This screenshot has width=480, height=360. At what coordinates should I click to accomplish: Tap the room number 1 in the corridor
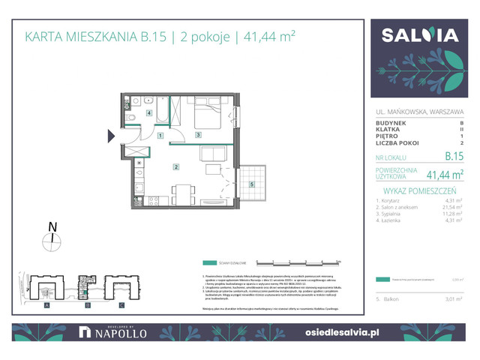pos(161,136)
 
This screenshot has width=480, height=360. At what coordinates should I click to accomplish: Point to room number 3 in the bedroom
pos(197,135)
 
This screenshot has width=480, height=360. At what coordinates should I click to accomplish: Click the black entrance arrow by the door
pos(112,136)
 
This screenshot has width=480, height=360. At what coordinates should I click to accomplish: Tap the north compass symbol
pos(52,239)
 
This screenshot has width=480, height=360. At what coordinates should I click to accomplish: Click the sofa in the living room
pos(213,154)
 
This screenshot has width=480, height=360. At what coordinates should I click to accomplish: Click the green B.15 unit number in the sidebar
pos(453,157)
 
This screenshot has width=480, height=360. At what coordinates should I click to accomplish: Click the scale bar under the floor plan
pos(298,262)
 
